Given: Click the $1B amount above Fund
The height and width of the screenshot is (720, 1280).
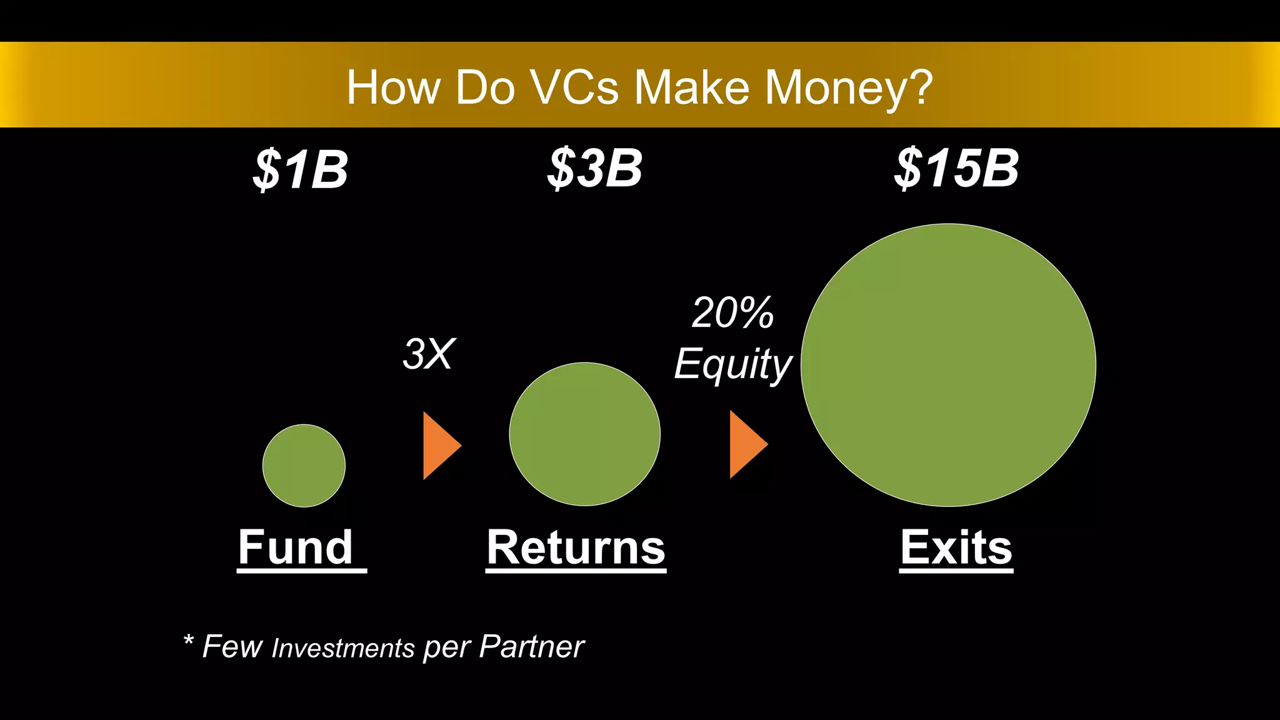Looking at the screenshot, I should click(x=301, y=169).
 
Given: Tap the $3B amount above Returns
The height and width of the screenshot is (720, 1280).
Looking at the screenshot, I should click(x=594, y=168).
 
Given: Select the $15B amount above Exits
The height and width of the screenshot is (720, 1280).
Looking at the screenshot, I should click(x=956, y=168).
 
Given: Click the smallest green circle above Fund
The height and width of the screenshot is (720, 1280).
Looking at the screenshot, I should click(x=304, y=466).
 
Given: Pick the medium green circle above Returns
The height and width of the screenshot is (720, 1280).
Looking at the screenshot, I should click(x=584, y=434).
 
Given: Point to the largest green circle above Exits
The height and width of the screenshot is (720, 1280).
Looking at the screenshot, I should click(x=948, y=365).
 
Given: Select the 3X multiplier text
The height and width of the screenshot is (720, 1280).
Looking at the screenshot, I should click(x=429, y=354).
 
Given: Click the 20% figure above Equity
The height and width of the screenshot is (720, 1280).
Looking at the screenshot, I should click(x=732, y=312).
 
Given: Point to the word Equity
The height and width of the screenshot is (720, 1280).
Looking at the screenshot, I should click(x=732, y=364).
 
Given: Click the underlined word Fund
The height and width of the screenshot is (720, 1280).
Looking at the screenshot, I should click(x=296, y=547).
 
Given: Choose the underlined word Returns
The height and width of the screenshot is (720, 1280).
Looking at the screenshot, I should click(x=576, y=547).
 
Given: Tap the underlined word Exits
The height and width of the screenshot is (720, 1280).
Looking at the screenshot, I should click(x=956, y=547).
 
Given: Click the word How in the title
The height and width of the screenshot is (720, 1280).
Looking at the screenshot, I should click(x=394, y=87).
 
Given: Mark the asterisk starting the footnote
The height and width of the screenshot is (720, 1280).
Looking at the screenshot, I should click(x=188, y=640).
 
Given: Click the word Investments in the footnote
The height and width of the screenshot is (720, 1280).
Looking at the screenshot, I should click(x=343, y=648).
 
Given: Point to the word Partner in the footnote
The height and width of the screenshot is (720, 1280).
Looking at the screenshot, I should click(x=531, y=646).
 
